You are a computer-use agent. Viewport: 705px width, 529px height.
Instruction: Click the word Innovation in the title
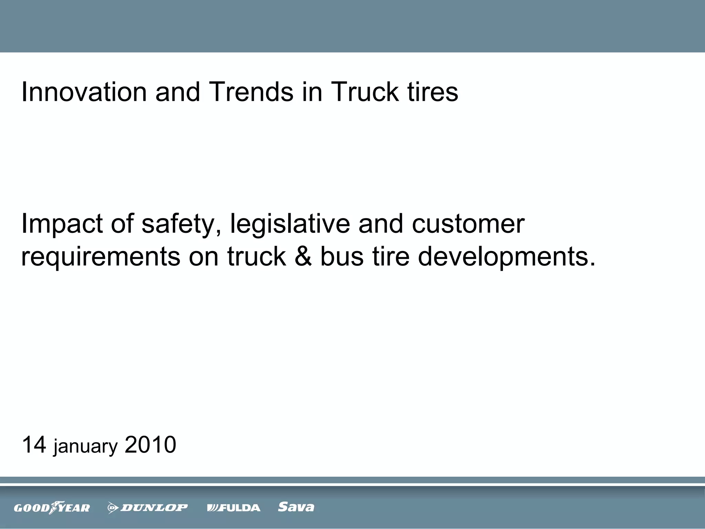point(84,92)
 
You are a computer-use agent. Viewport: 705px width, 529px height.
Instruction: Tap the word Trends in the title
point(251,92)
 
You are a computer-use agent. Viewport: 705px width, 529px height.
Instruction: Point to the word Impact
point(62,224)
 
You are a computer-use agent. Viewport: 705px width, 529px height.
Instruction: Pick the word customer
point(468,224)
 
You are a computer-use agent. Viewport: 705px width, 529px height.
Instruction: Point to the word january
point(85,447)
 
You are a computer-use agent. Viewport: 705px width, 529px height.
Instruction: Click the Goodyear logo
point(52,507)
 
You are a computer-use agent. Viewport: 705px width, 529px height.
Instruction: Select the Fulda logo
point(234,508)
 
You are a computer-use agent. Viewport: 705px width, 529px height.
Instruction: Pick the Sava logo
point(296,507)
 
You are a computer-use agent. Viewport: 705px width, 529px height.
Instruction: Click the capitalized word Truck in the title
point(364,92)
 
